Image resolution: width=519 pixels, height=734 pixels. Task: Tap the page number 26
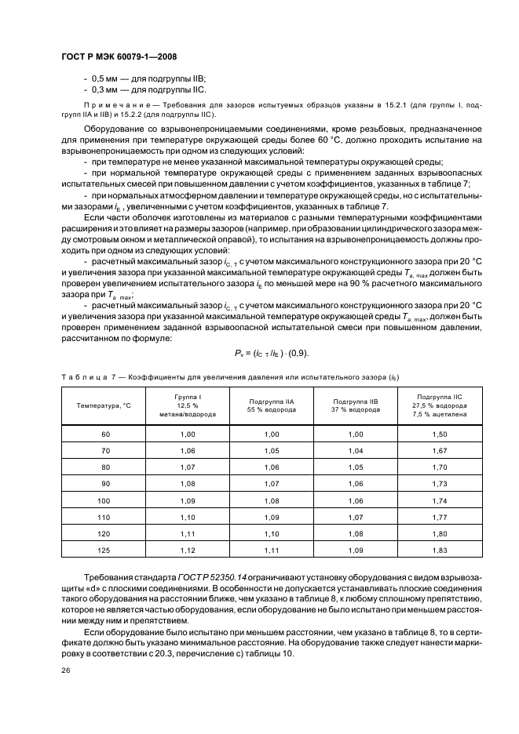(x=65, y=670)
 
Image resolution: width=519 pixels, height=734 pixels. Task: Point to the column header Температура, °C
(x=104, y=405)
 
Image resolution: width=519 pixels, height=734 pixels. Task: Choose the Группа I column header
(x=188, y=405)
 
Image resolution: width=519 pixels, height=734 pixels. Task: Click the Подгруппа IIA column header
(x=272, y=405)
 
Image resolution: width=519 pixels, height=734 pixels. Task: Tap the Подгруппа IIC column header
(x=440, y=405)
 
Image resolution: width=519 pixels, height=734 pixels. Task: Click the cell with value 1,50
(x=440, y=434)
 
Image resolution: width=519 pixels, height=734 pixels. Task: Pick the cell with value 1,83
(x=440, y=550)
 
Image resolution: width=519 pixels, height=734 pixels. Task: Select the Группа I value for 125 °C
(x=188, y=550)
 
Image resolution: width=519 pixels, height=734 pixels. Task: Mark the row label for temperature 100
(x=104, y=500)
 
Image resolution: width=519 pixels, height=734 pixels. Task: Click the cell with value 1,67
(x=440, y=451)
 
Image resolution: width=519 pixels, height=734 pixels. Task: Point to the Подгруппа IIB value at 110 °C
(x=356, y=517)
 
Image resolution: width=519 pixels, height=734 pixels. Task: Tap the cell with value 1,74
(x=440, y=500)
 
